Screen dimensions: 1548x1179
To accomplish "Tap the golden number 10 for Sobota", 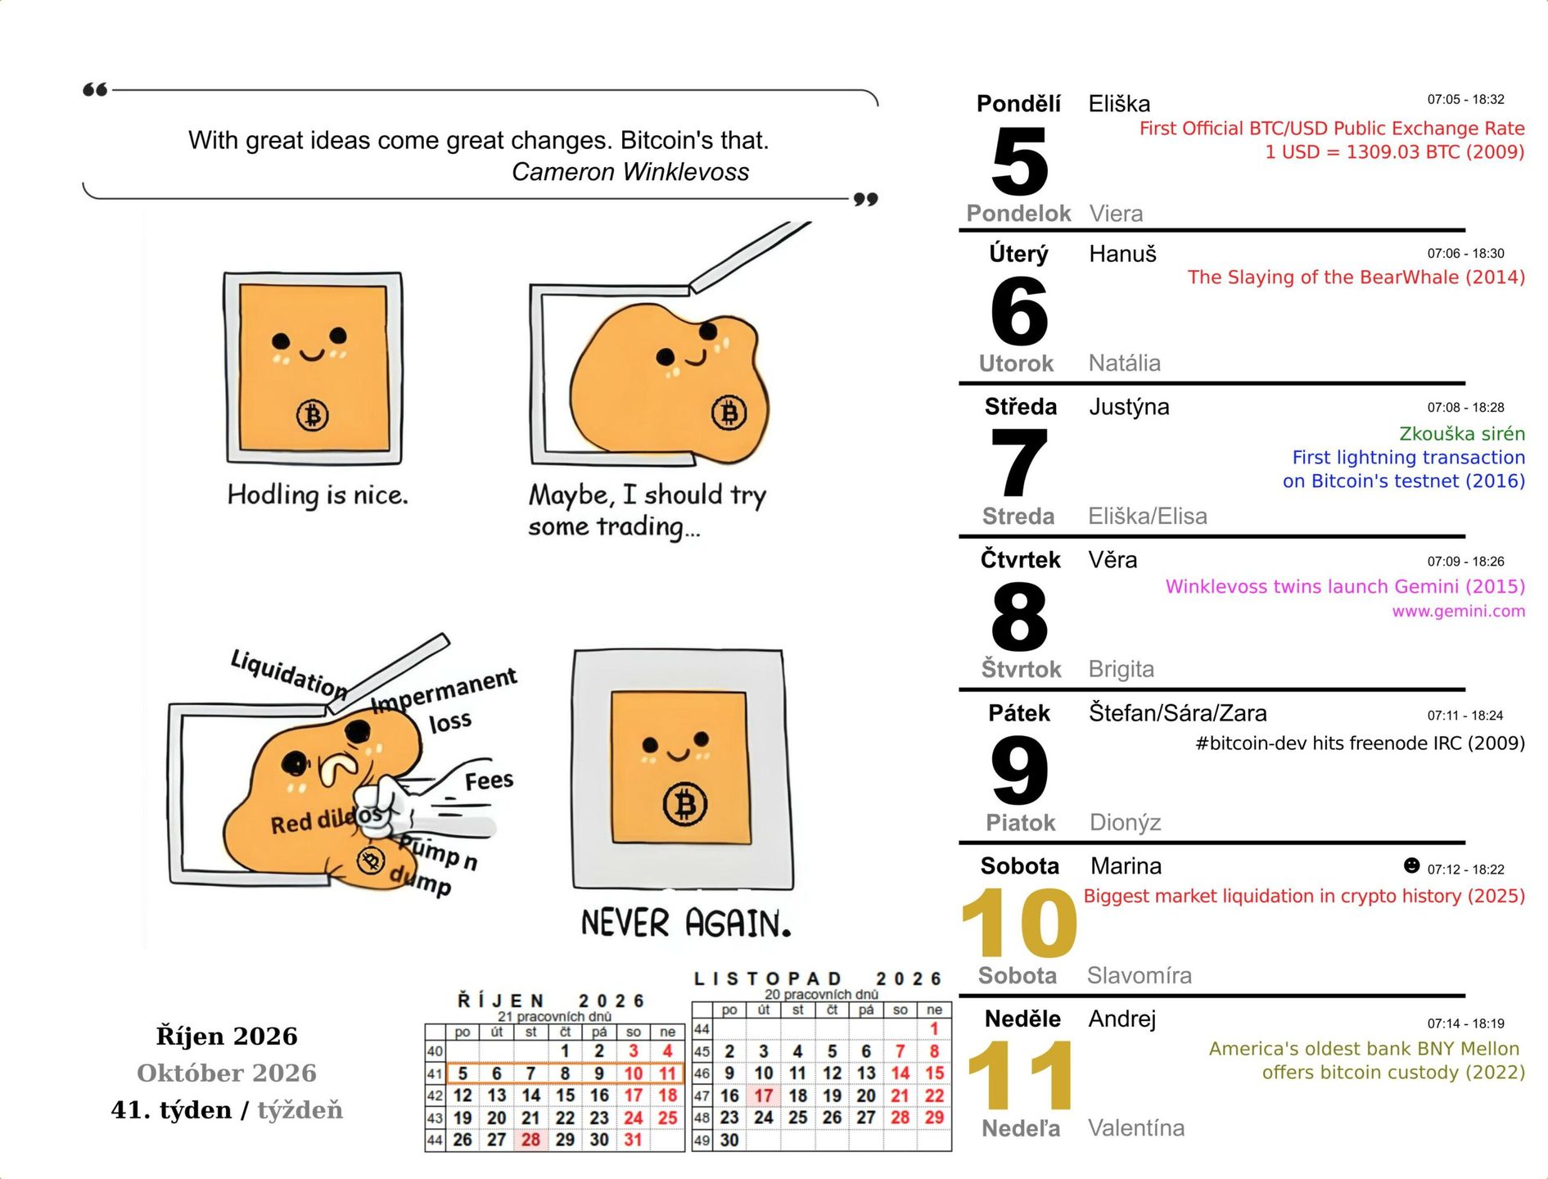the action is [1019, 923].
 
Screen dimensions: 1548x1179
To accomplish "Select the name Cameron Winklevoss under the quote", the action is [630, 172].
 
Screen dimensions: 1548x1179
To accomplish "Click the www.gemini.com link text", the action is [1458, 611].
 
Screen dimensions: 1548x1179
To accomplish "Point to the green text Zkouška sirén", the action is [1462, 434].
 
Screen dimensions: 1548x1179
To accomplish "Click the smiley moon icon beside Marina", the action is [1411, 865].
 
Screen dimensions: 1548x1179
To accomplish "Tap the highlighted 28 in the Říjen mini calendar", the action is [530, 1140].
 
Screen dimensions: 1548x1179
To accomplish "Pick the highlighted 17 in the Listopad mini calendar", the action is [764, 1095].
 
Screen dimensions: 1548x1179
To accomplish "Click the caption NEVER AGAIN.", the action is [686, 923].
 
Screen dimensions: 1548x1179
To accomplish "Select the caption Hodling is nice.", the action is [318, 495].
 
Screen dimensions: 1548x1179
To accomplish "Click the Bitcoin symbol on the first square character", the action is [312, 415].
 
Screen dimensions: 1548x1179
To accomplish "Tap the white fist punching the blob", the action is [379, 806].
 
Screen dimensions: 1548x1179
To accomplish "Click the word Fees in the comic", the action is [489, 780].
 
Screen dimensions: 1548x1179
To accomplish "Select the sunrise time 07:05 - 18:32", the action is [1465, 100].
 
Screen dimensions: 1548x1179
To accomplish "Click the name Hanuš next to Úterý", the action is [1122, 254].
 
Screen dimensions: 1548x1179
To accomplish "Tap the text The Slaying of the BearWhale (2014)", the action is [1356, 278].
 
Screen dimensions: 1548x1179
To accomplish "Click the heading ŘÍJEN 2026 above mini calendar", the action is [551, 1001].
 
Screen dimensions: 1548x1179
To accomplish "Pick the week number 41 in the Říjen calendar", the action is [435, 1073].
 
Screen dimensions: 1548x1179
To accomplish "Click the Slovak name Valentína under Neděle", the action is [1136, 1128].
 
